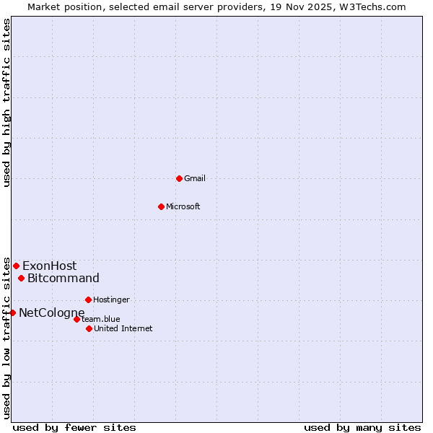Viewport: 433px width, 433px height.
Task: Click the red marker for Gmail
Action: click(x=179, y=178)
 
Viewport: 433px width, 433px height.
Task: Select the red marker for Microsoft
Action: click(x=161, y=206)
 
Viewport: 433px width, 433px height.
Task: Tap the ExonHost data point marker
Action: click(x=16, y=266)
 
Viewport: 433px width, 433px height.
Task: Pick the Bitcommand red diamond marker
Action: click(x=21, y=278)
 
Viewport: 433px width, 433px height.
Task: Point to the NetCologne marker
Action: click(x=12, y=312)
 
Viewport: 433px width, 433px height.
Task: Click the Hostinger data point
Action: click(x=88, y=299)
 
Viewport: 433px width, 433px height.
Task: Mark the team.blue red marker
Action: click(x=76, y=319)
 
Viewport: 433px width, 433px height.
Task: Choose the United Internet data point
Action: click(x=89, y=328)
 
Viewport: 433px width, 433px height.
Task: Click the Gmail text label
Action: click(x=195, y=178)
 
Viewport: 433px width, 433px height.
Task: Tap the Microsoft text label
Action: click(x=183, y=206)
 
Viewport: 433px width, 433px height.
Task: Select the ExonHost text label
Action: click(x=49, y=266)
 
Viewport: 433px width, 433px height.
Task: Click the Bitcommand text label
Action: click(x=64, y=278)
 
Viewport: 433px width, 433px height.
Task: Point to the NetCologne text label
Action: click(x=52, y=312)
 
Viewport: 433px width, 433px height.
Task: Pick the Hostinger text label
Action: click(x=111, y=299)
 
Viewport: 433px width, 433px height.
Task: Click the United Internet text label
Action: click(x=123, y=328)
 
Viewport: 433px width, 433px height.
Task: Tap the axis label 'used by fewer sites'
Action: click(x=74, y=427)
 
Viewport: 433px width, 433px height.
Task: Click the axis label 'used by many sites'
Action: click(x=362, y=427)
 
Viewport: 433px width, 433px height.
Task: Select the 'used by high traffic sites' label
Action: click(x=6, y=102)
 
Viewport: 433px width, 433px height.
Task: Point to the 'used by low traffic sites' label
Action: click(x=6, y=337)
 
